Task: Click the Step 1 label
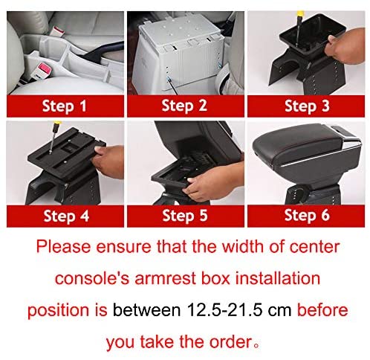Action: pos(65,106)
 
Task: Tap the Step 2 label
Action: pos(184,106)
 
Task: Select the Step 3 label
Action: pos(307,106)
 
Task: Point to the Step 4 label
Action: pos(66,216)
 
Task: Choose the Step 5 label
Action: pos(185,216)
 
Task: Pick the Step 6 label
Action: pos(307,215)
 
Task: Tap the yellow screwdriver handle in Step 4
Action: pos(57,124)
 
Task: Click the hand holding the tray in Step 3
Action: pos(345,47)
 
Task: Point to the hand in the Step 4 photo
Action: pos(109,161)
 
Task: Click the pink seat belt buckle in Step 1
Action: pos(45,69)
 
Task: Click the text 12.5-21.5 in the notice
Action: pos(224,310)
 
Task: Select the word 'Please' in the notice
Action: pos(63,247)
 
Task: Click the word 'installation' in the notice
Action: pos(278,278)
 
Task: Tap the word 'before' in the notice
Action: pos(322,309)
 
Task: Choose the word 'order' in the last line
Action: pos(231,342)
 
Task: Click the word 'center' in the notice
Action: pos(314,247)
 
